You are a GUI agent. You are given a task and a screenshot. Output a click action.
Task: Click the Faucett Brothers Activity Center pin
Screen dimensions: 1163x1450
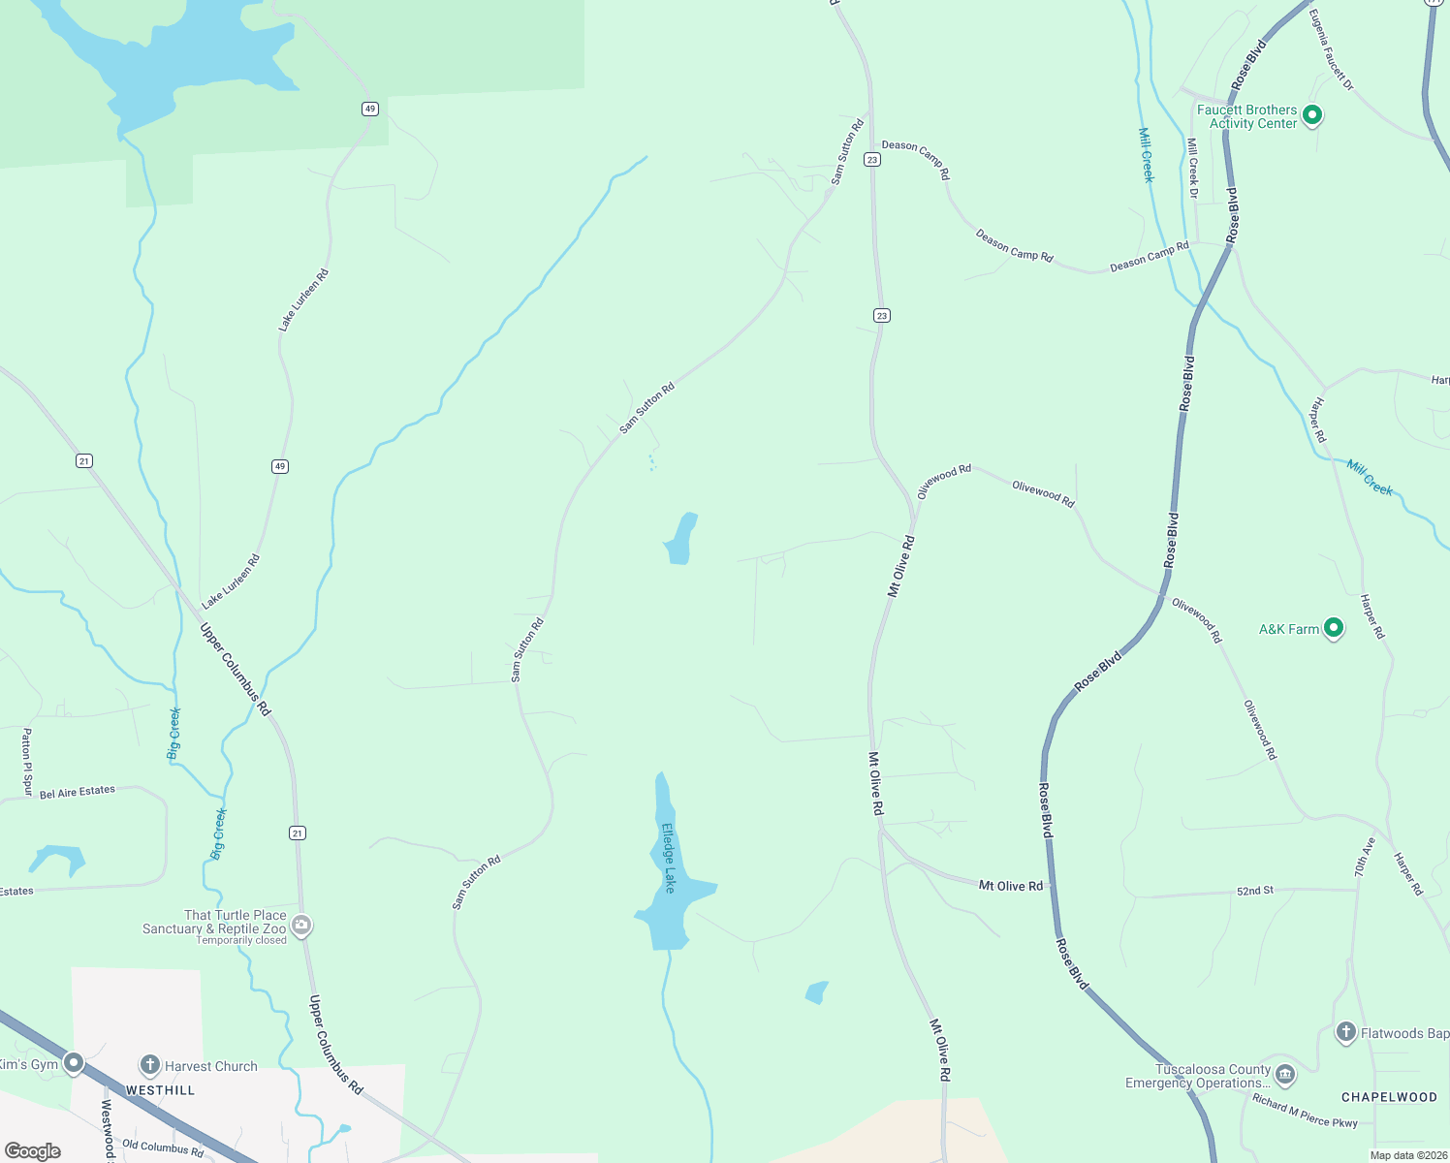(1312, 115)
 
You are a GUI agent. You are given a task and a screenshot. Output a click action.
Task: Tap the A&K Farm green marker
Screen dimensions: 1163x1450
(1334, 629)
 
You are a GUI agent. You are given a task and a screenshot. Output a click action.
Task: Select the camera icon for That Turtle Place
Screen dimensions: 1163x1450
(301, 926)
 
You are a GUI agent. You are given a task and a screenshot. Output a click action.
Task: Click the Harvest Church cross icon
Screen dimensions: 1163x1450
(149, 1065)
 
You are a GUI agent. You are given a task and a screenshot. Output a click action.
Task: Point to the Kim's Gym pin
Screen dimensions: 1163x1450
(74, 1064)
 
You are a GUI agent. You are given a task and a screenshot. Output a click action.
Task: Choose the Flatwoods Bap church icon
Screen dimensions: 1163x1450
(1345, 1032)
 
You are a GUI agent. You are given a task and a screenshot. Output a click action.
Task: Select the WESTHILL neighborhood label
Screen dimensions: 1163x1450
(160, 1090)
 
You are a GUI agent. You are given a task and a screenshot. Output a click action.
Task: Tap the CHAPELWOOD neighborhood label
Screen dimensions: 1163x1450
(1389, 1097)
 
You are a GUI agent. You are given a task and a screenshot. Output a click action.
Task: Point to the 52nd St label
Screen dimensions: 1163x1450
(1255, 890)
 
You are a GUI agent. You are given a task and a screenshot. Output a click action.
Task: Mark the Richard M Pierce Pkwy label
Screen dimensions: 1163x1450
(1305, 1111)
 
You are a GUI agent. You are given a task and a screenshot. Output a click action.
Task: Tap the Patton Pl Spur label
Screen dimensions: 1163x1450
(27, 762)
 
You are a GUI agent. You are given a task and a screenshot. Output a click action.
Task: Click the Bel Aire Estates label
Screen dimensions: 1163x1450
(78, 792)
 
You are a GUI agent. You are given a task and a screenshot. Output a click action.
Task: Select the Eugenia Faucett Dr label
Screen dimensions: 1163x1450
(1331, 50)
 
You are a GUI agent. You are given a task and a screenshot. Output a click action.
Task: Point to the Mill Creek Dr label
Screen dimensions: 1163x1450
(1193, 169)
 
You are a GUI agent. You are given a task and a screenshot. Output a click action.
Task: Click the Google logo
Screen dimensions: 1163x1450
(33, 1151)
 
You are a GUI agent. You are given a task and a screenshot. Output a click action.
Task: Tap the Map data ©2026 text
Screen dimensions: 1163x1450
(1404, 1155)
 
